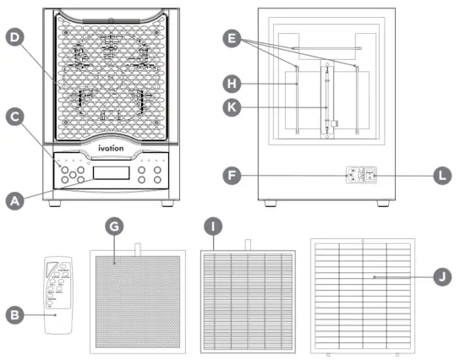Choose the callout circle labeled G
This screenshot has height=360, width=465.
click(115, 226)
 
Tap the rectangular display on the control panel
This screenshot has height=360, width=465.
click(112, 173)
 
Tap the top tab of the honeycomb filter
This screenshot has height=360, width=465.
click(137, 245)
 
